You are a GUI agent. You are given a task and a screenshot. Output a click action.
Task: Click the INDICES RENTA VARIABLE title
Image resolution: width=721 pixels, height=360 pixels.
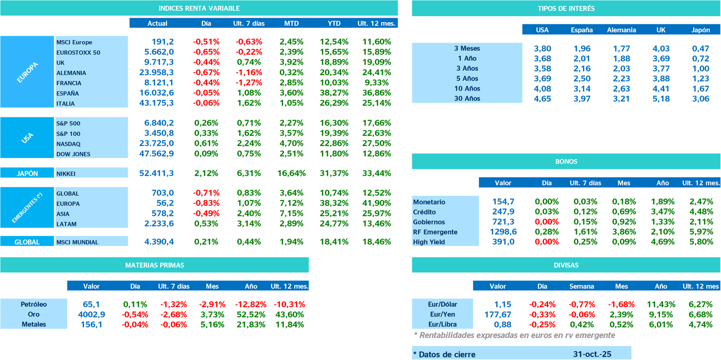coord(199,8)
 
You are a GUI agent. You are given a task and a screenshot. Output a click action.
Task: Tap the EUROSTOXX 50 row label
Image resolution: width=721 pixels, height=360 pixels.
coord(78,53)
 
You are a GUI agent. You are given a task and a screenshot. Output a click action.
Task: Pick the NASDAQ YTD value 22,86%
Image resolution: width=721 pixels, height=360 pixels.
coord(334,144)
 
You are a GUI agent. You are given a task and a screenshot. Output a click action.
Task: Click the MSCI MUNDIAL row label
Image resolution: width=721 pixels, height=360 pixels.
coord(77,242)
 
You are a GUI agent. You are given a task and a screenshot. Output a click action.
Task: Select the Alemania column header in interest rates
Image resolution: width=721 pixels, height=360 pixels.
coord(621,30)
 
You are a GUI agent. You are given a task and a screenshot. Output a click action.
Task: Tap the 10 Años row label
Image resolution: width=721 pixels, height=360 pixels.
coord(467,89)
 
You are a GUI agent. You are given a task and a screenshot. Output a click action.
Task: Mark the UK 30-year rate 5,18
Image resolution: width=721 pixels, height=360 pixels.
coord(661,99)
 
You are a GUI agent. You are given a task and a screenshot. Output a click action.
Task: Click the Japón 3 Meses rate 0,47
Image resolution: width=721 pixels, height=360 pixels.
coord(700,48)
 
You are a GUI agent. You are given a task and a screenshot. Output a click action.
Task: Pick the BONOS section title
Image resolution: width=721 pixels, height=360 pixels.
coord(566,161)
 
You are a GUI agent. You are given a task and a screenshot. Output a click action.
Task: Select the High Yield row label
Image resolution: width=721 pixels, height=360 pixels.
coord(429,242)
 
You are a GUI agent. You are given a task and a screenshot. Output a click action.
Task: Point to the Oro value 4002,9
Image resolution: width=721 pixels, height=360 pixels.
coord(91,315)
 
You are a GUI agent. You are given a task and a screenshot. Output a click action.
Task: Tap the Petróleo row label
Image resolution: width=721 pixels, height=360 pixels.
coord(33,304)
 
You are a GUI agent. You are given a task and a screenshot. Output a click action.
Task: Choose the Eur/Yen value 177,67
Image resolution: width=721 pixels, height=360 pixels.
coord(498,315)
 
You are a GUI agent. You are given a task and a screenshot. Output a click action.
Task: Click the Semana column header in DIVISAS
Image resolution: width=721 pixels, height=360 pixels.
coord(581,286)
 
